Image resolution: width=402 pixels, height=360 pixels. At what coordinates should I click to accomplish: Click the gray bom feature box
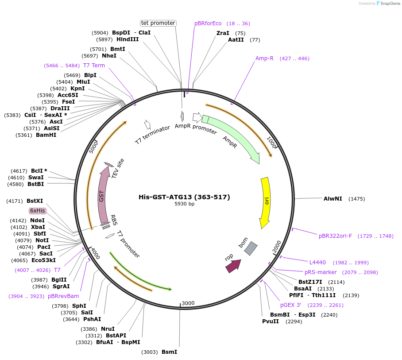tap(251, 248)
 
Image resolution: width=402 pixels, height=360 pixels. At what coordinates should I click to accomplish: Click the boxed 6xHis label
tap(38, 211)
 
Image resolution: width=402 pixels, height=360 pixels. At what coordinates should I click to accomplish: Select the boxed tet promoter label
tap(158, 23)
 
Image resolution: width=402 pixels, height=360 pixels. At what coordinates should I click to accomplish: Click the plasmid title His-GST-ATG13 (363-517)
tap(184, 197)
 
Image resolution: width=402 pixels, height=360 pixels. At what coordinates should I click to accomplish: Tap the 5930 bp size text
tap(184, 204)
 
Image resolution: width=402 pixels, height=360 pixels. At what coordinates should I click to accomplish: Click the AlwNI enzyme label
tap(333, 199)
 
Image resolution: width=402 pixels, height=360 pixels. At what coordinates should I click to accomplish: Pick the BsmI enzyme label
tap(169, 352)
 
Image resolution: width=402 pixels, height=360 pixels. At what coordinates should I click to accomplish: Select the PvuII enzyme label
tap(271, 321)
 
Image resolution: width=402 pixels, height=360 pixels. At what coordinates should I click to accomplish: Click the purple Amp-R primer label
tap(264, 58)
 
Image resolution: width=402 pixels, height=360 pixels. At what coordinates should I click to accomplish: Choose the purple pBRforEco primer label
tap(208, 23)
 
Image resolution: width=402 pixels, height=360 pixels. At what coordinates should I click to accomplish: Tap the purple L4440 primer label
tap(317, 263)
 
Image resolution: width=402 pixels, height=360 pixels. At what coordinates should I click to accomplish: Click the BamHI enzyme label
tap(46, 135)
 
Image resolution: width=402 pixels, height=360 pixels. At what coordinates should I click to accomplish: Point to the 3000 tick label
tap(188, 303)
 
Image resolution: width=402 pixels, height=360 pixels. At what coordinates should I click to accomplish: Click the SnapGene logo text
tap(389, 3)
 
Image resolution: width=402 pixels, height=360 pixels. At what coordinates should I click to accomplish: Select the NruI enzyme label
tap(107, 329)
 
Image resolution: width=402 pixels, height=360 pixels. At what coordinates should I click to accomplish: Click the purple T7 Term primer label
tap(94, 66)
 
